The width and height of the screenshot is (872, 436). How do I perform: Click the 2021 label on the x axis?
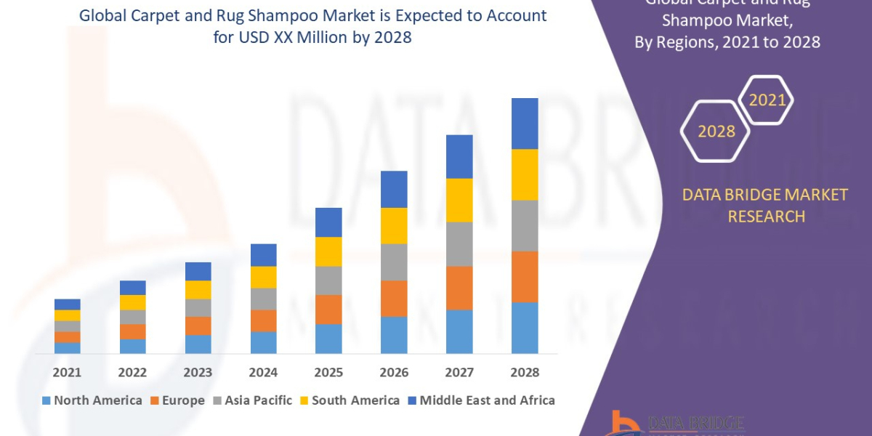tap(67, 372)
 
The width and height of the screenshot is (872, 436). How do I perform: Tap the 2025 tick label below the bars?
tap(328, 372)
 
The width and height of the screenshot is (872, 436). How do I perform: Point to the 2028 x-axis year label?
tap(525, 372)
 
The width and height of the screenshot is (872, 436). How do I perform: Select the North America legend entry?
tap(92, 400)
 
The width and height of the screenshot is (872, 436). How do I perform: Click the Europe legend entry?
tap(179, 400)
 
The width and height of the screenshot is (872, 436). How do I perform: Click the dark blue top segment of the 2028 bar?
tap(525, 124)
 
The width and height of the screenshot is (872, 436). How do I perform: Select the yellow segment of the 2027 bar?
tap(459, 200)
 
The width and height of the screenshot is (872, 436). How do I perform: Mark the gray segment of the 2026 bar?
tap(394, 262)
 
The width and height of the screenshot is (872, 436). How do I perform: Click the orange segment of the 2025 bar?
tap(328, 309)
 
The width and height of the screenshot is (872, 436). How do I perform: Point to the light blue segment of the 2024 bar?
tap(263, 342)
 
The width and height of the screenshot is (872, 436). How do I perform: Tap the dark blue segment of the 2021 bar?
tap(67, 304)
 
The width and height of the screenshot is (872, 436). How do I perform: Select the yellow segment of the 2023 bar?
tap(198, 289)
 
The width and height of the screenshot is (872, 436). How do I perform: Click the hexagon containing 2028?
tap(716, 132)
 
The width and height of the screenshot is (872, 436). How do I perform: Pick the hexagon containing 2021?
tap(767, 100)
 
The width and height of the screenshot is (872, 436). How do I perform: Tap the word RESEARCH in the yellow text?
tap(766, 217)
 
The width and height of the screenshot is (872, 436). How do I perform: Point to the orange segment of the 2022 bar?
tap(132, 331)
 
